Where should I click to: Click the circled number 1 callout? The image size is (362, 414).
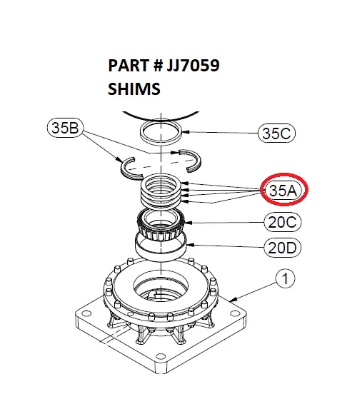[285, 279]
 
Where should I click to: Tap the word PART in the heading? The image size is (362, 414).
[126, 66]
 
